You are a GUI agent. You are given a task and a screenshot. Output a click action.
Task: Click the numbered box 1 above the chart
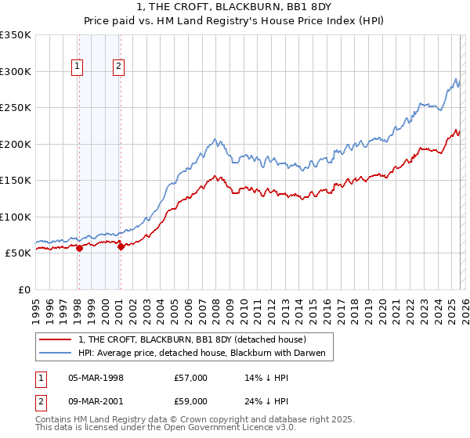point(78,67)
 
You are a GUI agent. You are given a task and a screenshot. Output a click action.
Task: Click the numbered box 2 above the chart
point(118,67)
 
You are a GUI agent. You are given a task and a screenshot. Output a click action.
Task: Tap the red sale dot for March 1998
point(79,248)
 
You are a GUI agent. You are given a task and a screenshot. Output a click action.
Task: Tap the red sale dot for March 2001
point(121,246)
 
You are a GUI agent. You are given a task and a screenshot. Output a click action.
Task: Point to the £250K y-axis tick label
point(16,108)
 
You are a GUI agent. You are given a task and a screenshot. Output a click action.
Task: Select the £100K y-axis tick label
point(16,217)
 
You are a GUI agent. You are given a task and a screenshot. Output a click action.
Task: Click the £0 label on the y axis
point(24,289)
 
